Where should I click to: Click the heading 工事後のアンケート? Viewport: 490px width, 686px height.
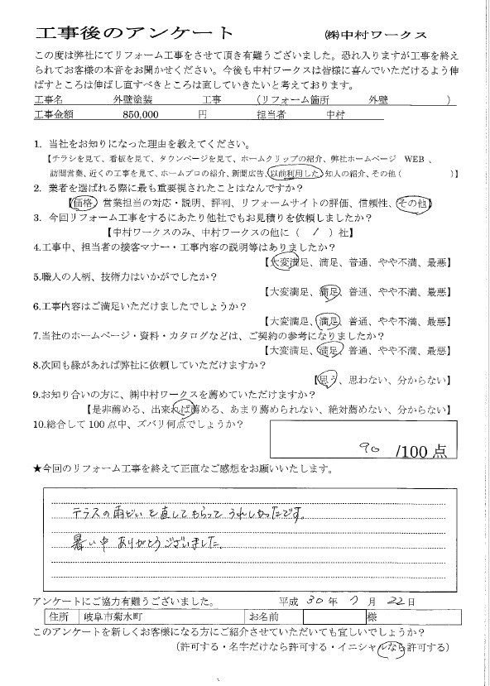(x=135, y=32)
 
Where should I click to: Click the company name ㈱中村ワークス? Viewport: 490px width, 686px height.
(x=375, y=35)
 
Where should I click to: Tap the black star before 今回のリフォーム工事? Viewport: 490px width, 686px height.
(x=36, y=469)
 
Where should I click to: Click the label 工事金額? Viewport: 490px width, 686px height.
(x=54, y=113)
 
